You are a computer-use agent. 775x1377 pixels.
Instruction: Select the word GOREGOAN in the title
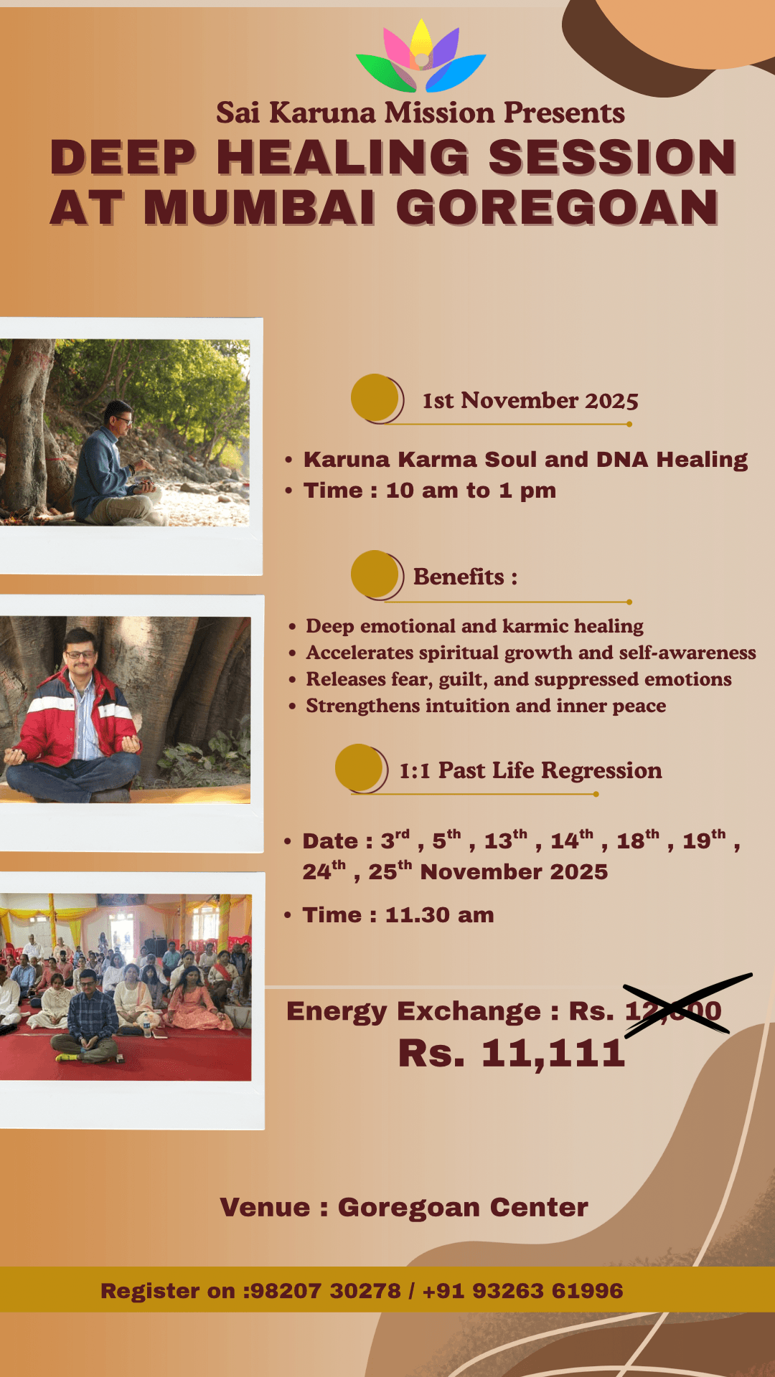[x=557, y=208]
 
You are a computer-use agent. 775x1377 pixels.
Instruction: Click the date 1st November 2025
[x=530, y=400]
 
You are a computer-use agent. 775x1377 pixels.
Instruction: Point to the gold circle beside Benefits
[x=375, y=574]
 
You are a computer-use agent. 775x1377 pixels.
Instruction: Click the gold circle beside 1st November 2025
[x=375, y=397]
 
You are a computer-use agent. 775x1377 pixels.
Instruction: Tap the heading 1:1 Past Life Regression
[x=530, y=770]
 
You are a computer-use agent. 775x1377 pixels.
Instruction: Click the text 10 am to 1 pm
[x=471, y=491]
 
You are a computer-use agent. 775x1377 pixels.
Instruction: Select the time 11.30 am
[x=439, y=915]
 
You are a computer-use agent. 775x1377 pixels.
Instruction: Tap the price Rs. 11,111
[x=512, y=1053]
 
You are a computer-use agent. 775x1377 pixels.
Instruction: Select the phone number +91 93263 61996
[x=522, y=1290]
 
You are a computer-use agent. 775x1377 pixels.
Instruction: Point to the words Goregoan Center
[x=463, y=1207]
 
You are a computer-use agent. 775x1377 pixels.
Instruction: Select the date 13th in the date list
[x=505, y=840]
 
